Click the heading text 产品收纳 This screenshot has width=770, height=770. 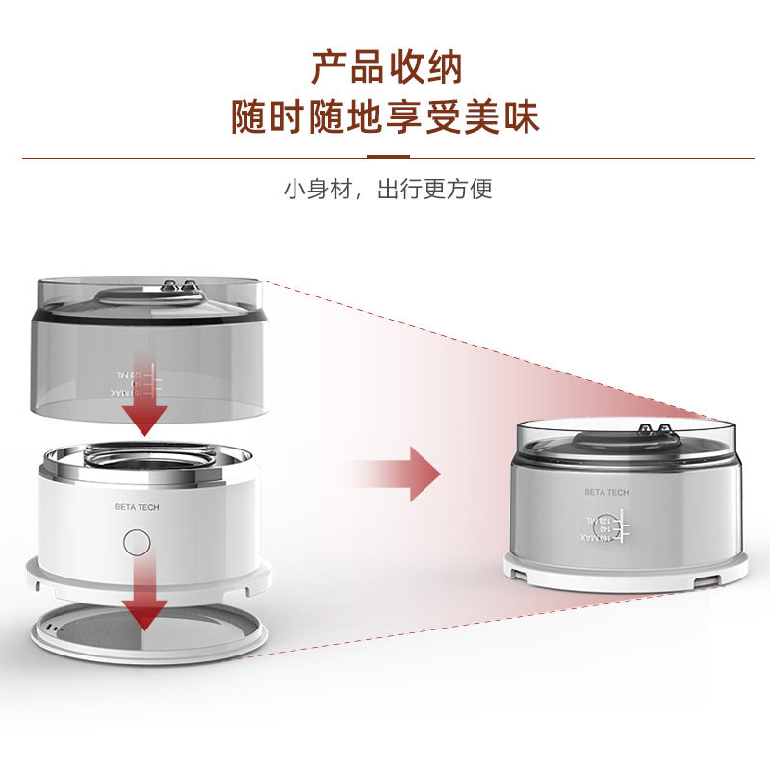pos(386,67)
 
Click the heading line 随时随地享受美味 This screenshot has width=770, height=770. pos(386,117)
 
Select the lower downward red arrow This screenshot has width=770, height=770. pos(144,597)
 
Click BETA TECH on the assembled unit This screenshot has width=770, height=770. pos(606,492)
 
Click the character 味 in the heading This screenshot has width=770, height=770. pos(520,117)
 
